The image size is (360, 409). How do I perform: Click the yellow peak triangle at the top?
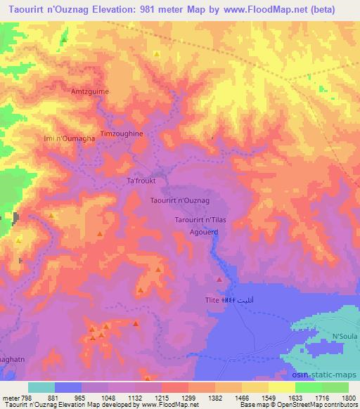(x=156, y=53)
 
